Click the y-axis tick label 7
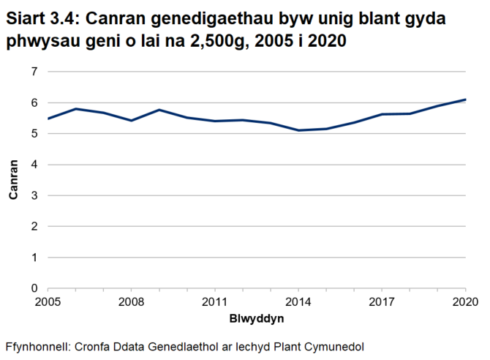(34, 72)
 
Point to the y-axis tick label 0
(34, 288)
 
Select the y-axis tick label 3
(34, 195)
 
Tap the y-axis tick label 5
(34, 134)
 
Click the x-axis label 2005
(47, 301)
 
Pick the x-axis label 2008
(131, 301)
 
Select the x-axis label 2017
(382, 301)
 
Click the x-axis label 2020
(465, 301)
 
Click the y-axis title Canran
(13, 180)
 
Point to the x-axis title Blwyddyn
(256, 319)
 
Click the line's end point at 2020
(465, 100)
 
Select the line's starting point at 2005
(48, 119)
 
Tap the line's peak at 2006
(75, 109)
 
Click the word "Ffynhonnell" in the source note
(35, 345)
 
